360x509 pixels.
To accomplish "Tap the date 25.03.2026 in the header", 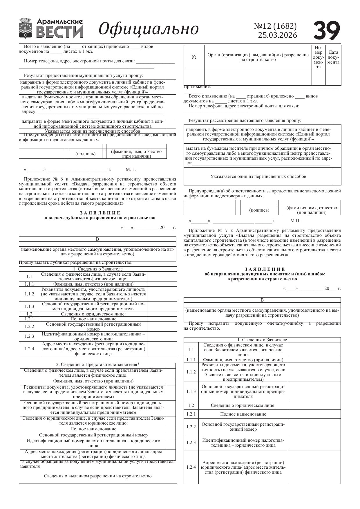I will click(x=277, y=35).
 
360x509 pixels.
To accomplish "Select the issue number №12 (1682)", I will click(x=275, y=26).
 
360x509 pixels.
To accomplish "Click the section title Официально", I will click(x=149, y=29).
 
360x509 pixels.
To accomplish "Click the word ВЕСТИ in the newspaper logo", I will click(x=59, y=32).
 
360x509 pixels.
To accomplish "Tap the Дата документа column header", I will click(x=333, y=57).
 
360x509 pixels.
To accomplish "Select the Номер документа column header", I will click(x=318, y=57).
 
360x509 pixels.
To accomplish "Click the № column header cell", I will click(x=194, y=57).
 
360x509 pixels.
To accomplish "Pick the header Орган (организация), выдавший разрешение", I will click(x=258, y=57).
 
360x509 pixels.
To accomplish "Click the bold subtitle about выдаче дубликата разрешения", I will click(x=100, y=218).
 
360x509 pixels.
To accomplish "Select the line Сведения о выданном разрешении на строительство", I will click(x=97, y=476).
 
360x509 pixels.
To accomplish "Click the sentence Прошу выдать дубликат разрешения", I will click(x=75, y=263).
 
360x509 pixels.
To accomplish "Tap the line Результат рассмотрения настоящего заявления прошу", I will click(x=245, y=120).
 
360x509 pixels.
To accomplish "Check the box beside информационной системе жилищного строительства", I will click(x=171, y=124).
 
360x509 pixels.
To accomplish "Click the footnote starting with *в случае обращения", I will click(x=97, y=464).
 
